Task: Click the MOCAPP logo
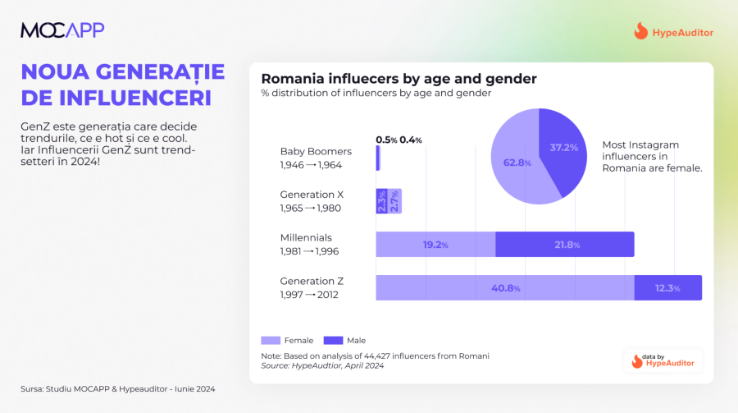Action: pyautogui.click(x=62, y=30)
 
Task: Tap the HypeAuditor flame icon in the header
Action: pyautogui.click(x=640, y=32)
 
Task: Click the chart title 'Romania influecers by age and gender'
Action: pyautogui.click(x=399, y=79)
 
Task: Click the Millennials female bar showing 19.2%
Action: pyautogui.click(x=435, y=245)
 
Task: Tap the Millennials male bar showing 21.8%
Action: pyautogui.click(x=565, y=245)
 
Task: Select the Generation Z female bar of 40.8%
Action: pyautogui.click(x=504, y=288)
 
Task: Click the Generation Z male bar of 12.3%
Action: pyautogui.click(x=667, y=288)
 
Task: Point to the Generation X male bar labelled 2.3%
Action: pyautogui.click(x=381, y=201)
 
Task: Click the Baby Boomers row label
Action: pyautogui.click(x=316, y=158)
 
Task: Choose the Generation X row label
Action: pyautogui.click(x=312, y=201)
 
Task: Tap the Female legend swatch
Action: pyautogui.click(x=271, y=340)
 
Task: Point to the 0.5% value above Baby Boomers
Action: pyautogui.click(x=386, y=140)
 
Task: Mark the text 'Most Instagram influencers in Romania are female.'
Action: pyautogui.click(x=651, y=156)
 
